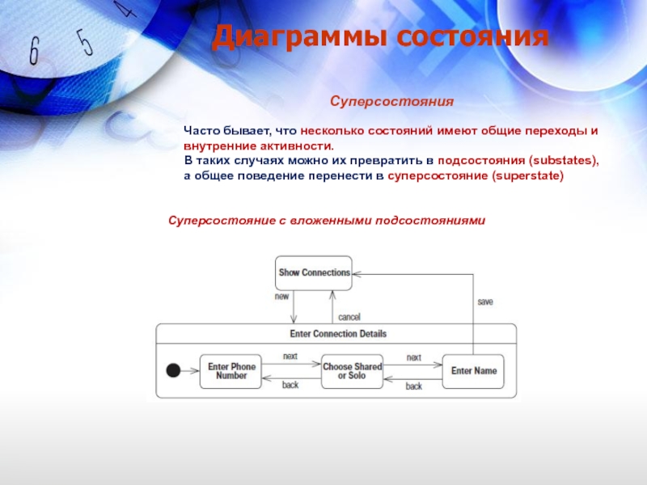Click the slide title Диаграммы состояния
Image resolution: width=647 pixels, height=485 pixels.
[381, 38]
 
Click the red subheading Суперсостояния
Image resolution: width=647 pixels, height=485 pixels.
[391, 102]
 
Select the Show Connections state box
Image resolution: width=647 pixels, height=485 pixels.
[314, 272]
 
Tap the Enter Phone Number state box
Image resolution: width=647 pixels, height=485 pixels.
[231, 371]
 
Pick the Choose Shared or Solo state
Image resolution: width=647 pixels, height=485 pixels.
[353, 371]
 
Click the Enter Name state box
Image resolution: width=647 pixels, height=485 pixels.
[473, 371]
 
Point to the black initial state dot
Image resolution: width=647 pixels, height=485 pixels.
[172, 371]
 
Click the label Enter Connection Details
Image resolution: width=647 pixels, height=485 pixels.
[337, 333]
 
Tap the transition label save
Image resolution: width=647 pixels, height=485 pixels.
[484, 302]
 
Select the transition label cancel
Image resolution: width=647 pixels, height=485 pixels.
[349, 317]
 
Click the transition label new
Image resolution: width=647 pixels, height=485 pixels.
[281, 297]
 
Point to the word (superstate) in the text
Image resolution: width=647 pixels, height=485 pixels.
[526, 175]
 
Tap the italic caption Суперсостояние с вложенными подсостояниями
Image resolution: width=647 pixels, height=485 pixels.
[326, 220]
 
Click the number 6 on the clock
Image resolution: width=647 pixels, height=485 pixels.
[34, 52]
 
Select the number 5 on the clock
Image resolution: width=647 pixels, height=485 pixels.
[83, 40]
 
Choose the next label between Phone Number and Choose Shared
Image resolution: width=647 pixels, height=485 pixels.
[290, 356]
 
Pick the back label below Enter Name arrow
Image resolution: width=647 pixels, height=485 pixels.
[413, 386]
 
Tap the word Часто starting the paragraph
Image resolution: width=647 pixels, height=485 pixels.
[201, 131]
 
